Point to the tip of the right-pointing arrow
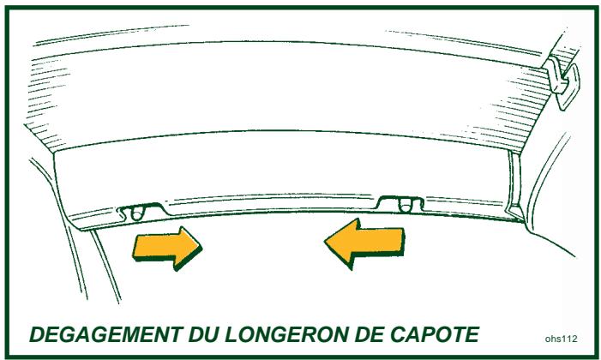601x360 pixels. [x=202, y=249]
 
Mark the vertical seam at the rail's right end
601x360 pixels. [x=515, y=184]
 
